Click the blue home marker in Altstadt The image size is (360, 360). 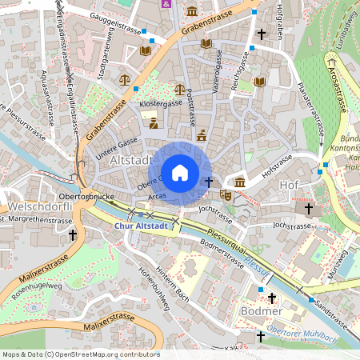tap(180, 173)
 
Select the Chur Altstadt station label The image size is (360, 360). tap(141, 226)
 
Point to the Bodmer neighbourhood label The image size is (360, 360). tap(261, 310)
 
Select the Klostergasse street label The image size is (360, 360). tap(162, 104)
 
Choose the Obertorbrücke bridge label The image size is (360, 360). tap(89, 195)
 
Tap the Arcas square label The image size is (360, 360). tap(157, 194)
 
